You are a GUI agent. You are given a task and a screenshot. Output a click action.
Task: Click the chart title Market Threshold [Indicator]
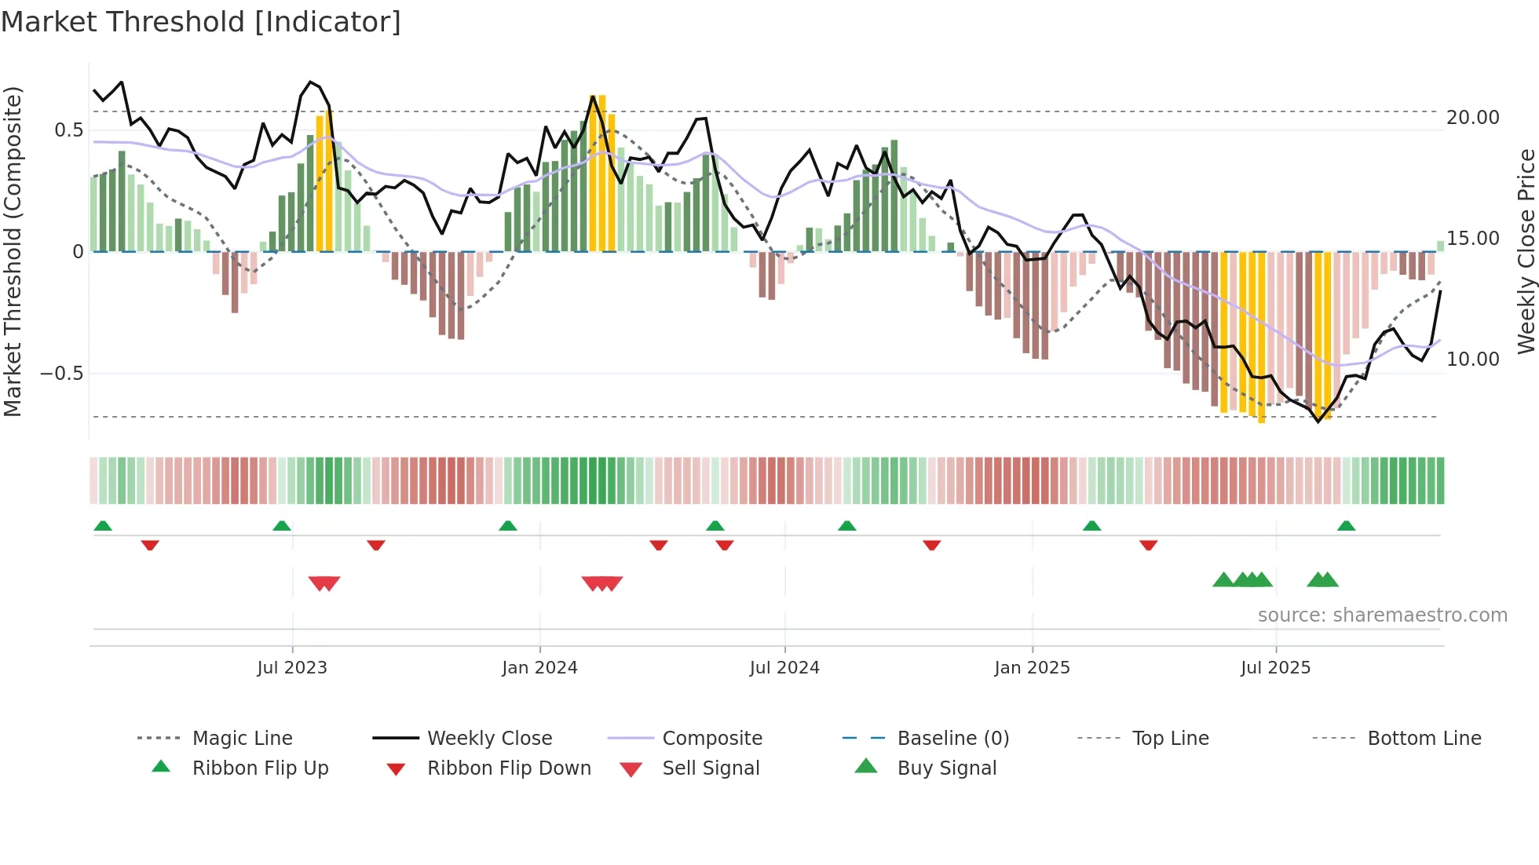pyautogui.click(x=201, y=22)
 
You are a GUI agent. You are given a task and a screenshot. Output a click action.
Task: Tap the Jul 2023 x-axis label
pyautogui.click(x=292, y=668)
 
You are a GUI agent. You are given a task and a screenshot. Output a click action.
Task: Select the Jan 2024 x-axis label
pyautogui.click(x=539, y=668)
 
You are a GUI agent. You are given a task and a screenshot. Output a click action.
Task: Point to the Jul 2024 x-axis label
pyautogui.click(x=784, y=668)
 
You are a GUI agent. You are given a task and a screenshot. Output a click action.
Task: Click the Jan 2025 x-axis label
pyautogui.click(x=1032, y=668)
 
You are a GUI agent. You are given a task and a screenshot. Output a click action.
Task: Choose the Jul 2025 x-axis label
pyautogui.click(x=1276, y=668)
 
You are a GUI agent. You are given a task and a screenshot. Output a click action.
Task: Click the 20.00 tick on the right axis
pyautogui.click(x=1473, y=118)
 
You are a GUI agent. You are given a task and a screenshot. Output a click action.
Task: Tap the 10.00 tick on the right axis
pyautogui.click(x=1473, y=360)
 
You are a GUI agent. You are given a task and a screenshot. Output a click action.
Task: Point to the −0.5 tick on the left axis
pyautogui.click(x=62, y=374)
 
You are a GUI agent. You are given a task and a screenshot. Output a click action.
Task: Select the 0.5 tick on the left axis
pyautogui.click(x=69, y=130)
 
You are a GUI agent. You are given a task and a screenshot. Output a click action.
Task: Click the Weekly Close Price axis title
pyautogui.click(x=1526, y=251)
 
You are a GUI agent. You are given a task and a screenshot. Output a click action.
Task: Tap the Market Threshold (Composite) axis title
pyautogui.click(x=13, y=251)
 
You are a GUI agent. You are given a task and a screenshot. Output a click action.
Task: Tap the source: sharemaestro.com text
pyautogui.click(x=1382, y=615)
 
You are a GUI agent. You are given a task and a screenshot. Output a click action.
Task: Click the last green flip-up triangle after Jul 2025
pyautogui.click(x=1347, y=526)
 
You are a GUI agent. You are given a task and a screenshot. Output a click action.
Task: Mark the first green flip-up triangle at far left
pyautogui.click(x=103, y=526)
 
